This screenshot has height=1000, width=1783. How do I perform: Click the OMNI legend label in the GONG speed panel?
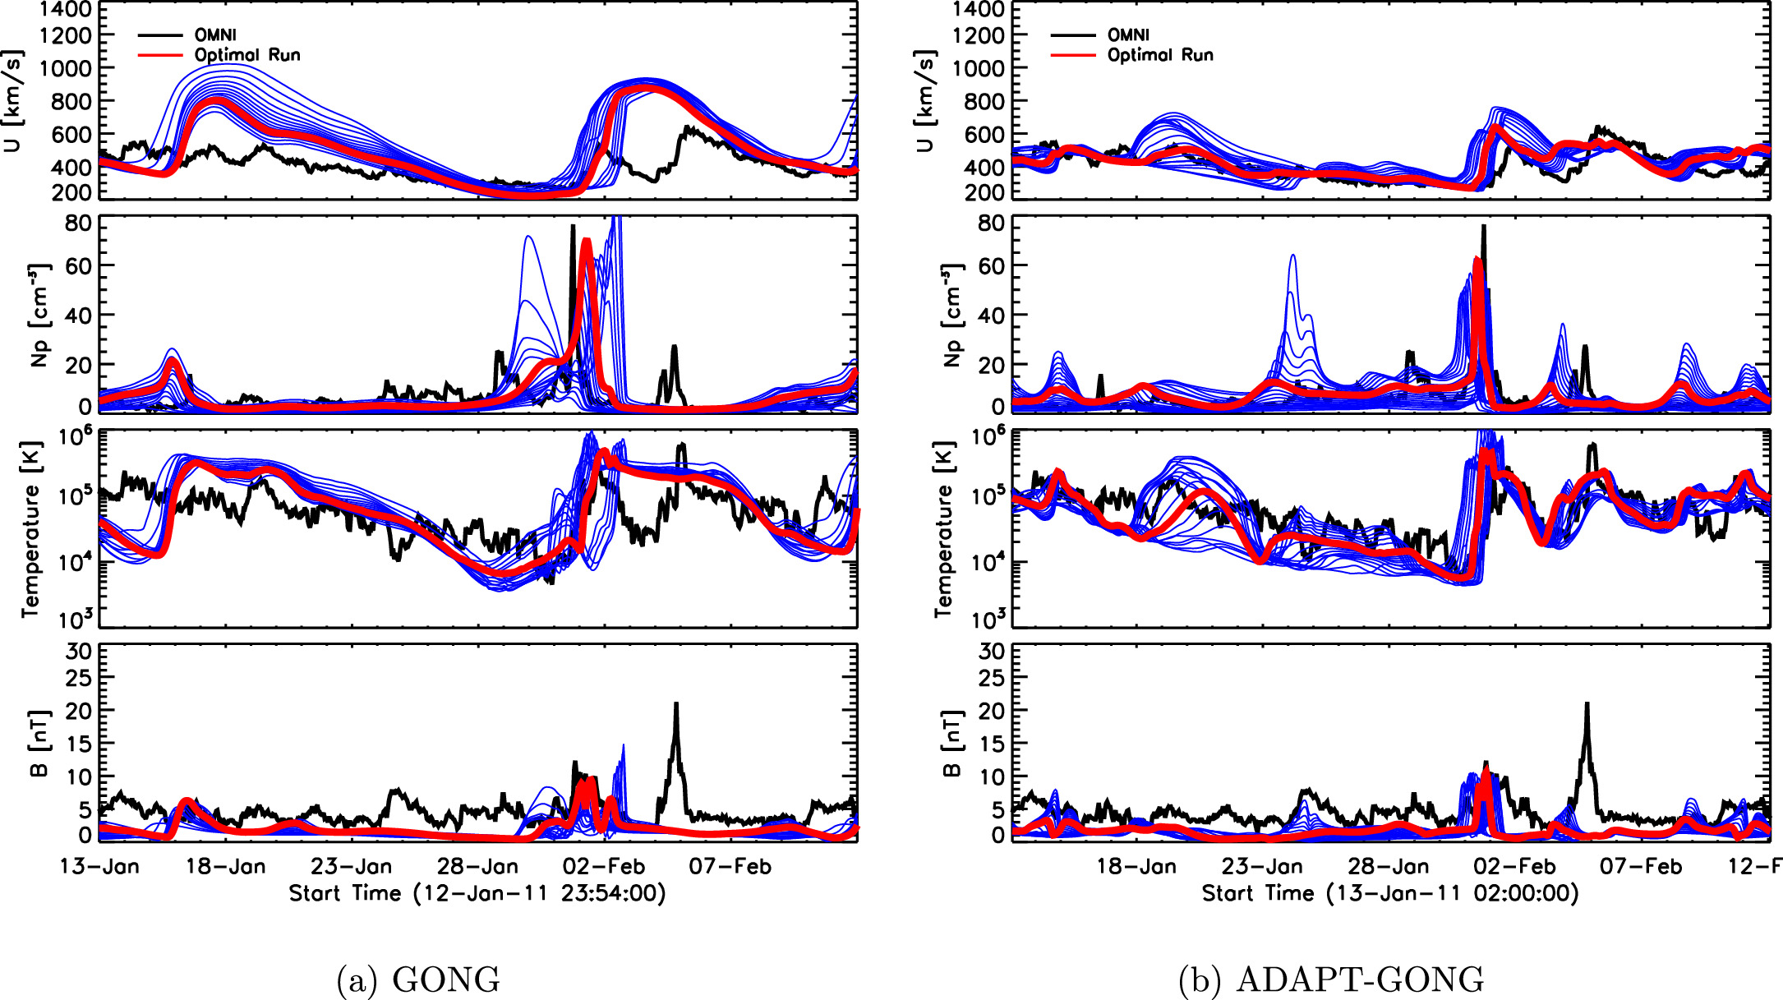(215, 35)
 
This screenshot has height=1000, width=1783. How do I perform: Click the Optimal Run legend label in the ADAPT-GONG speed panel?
(1160, 55)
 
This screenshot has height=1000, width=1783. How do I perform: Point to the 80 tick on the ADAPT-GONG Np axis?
(991, 224)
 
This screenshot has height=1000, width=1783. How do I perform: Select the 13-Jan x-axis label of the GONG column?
(99, 867)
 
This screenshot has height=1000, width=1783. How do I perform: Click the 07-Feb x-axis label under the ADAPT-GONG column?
(1640, 867)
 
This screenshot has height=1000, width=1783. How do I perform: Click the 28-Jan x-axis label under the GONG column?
(478, 867)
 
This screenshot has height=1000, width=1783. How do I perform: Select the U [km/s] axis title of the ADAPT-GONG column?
(924, 100)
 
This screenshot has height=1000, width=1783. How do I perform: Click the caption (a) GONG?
(418, 979)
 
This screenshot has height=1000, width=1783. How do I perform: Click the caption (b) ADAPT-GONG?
(1331, 979)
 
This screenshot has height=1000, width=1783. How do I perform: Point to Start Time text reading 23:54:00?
(612, 893)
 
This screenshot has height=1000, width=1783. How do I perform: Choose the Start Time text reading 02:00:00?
(1526, 893)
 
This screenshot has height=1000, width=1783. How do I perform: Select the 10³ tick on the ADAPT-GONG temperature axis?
(988, 618)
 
